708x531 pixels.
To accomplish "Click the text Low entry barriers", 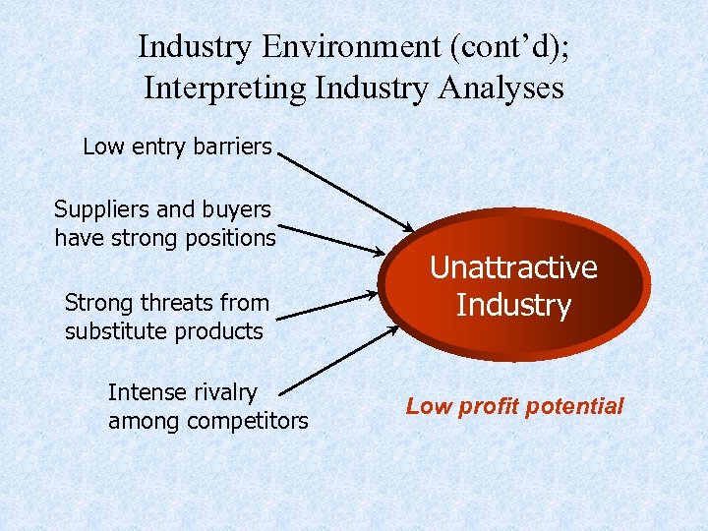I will point(177,147).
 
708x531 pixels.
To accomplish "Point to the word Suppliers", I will point(99,209).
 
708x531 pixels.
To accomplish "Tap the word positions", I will point(224,238).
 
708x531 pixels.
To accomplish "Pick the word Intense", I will point(147,392).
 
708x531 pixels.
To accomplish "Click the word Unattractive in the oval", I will point(513,267).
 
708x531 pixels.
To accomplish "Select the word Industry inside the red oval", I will point(513,305).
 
